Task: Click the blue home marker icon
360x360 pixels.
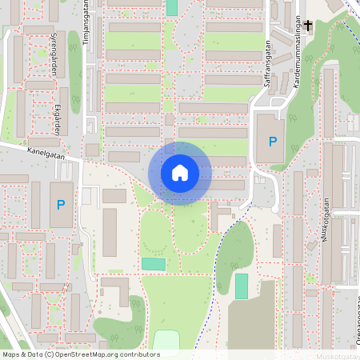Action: coord(179,173)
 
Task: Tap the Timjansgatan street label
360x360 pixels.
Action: coord(86,24)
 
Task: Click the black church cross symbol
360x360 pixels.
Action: coord(308,26)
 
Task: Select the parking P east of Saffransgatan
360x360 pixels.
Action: coord(273,142)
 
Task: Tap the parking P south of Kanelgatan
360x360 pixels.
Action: coord(61,205)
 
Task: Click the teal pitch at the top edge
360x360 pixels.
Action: coord(172,6)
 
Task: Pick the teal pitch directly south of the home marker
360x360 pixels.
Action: coord(153,264)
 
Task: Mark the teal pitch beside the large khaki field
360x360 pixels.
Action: coord(242,286)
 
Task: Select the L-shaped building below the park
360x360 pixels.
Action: coord(114,290)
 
